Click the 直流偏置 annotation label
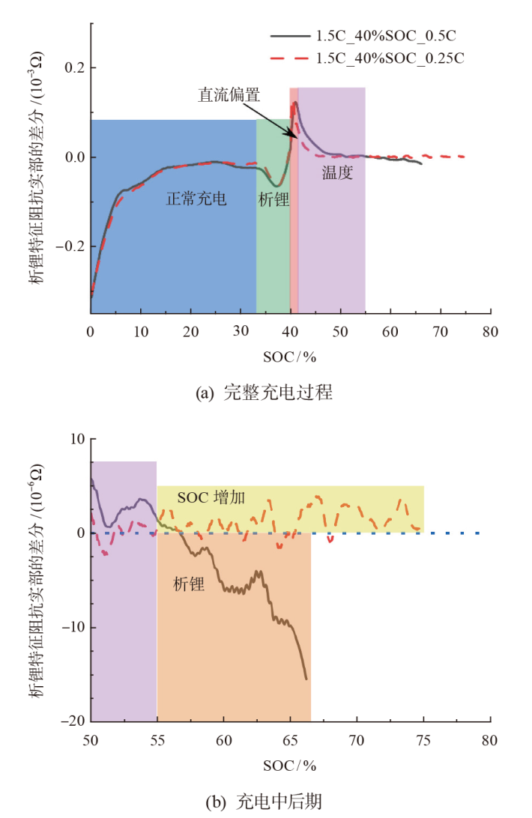[229, 94]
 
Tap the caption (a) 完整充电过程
[263, 392]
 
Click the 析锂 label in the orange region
[189, 584]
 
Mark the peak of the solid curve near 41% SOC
[296, 102]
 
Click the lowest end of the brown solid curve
[306, 679]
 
